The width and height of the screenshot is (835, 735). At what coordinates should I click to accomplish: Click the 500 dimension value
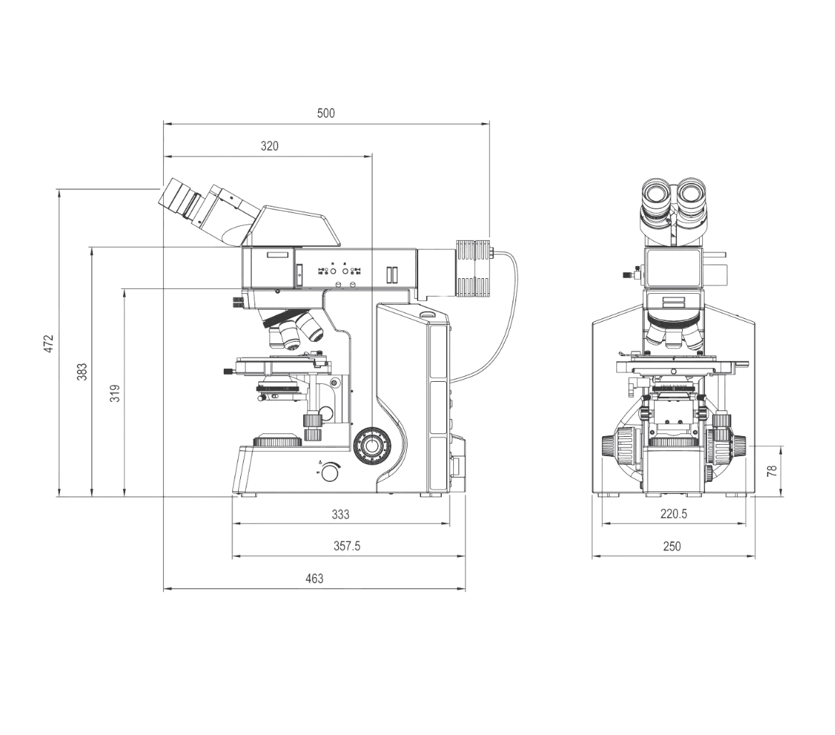[x=326, y=113]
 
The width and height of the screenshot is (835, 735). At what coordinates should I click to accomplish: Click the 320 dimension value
[x=270, y=146]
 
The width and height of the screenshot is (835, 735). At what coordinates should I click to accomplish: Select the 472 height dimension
[x=49, y=343]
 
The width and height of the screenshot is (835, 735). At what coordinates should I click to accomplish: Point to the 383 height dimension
[x=82, y=371]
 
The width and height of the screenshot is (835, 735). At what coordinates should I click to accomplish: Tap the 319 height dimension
[x=114, y=393]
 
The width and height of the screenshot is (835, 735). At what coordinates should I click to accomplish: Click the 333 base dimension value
[x=341, y=514]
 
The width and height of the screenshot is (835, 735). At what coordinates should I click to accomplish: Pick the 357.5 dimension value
[x=347, y=546]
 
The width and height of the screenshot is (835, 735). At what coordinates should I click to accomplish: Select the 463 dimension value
[x=314, y=578]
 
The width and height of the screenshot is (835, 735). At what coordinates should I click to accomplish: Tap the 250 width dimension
[x=672, y=546]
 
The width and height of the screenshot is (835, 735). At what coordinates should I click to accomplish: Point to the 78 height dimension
[x=772, y=471]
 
